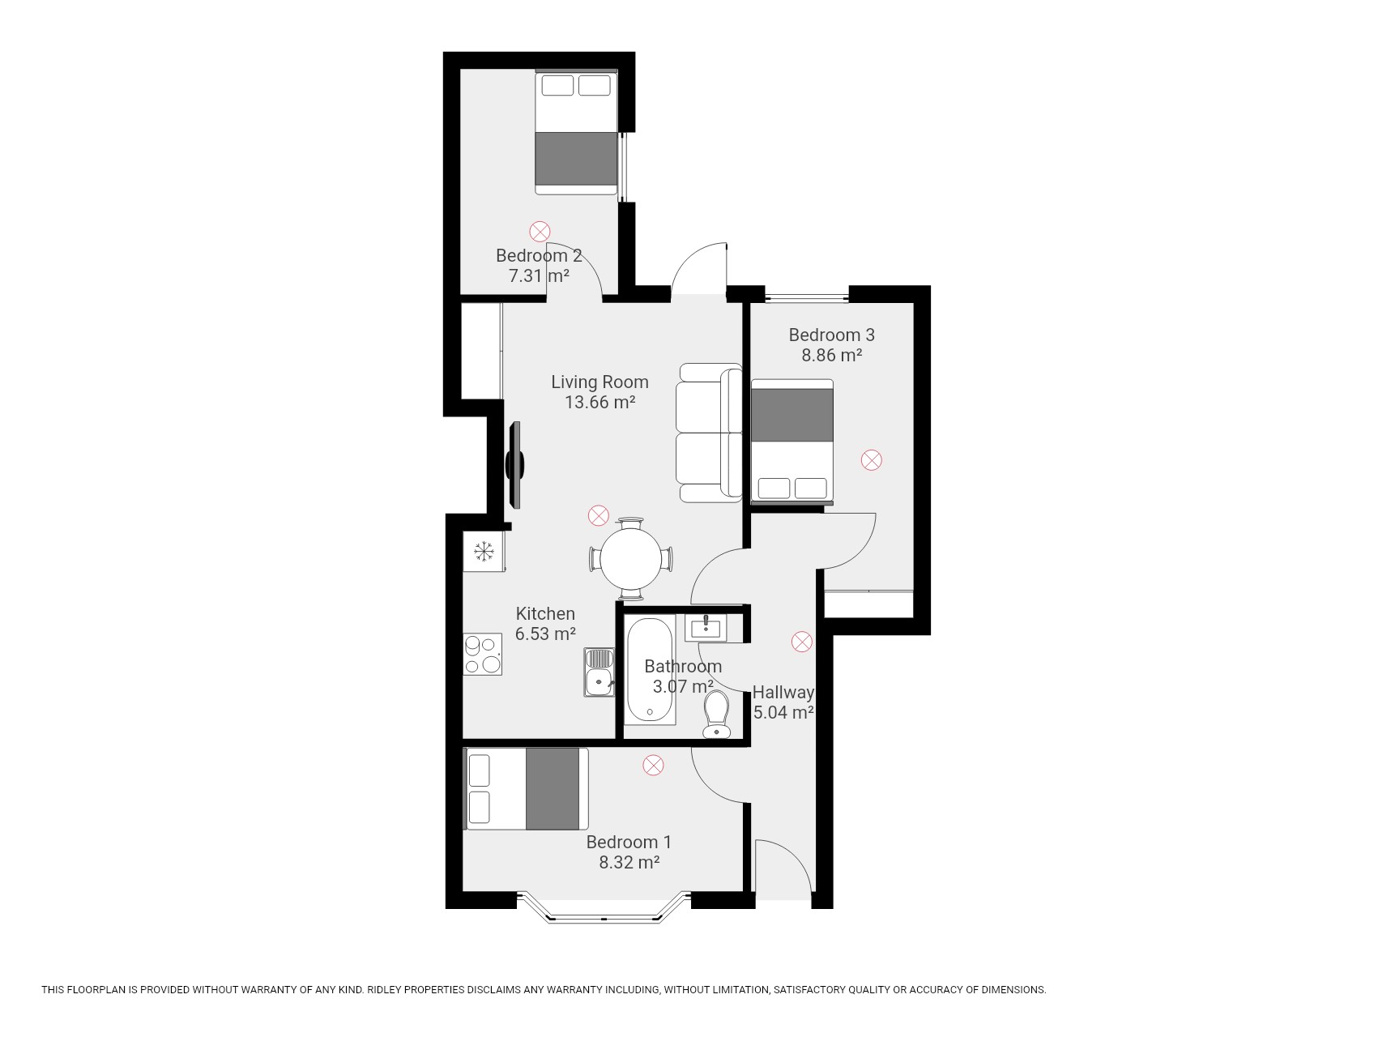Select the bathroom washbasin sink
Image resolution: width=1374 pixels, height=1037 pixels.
coord(706,627)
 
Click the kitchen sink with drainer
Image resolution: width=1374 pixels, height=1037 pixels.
coord(599,672)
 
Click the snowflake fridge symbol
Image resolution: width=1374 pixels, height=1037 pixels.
coord(484,552)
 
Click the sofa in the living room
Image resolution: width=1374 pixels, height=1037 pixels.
coord(710,433)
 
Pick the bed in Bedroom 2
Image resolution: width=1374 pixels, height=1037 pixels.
coord(576,132)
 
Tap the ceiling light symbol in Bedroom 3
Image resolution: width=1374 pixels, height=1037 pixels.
coord(871,461)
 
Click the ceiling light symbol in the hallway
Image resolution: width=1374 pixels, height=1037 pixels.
coord(801,642)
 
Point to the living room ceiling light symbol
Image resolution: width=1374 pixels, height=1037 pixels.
coord(598,515)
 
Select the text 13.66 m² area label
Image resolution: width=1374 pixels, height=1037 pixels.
coord(600,402)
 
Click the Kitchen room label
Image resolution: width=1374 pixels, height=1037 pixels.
coord(545,613)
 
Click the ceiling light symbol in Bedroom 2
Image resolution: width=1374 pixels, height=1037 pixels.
coord(540,232)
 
